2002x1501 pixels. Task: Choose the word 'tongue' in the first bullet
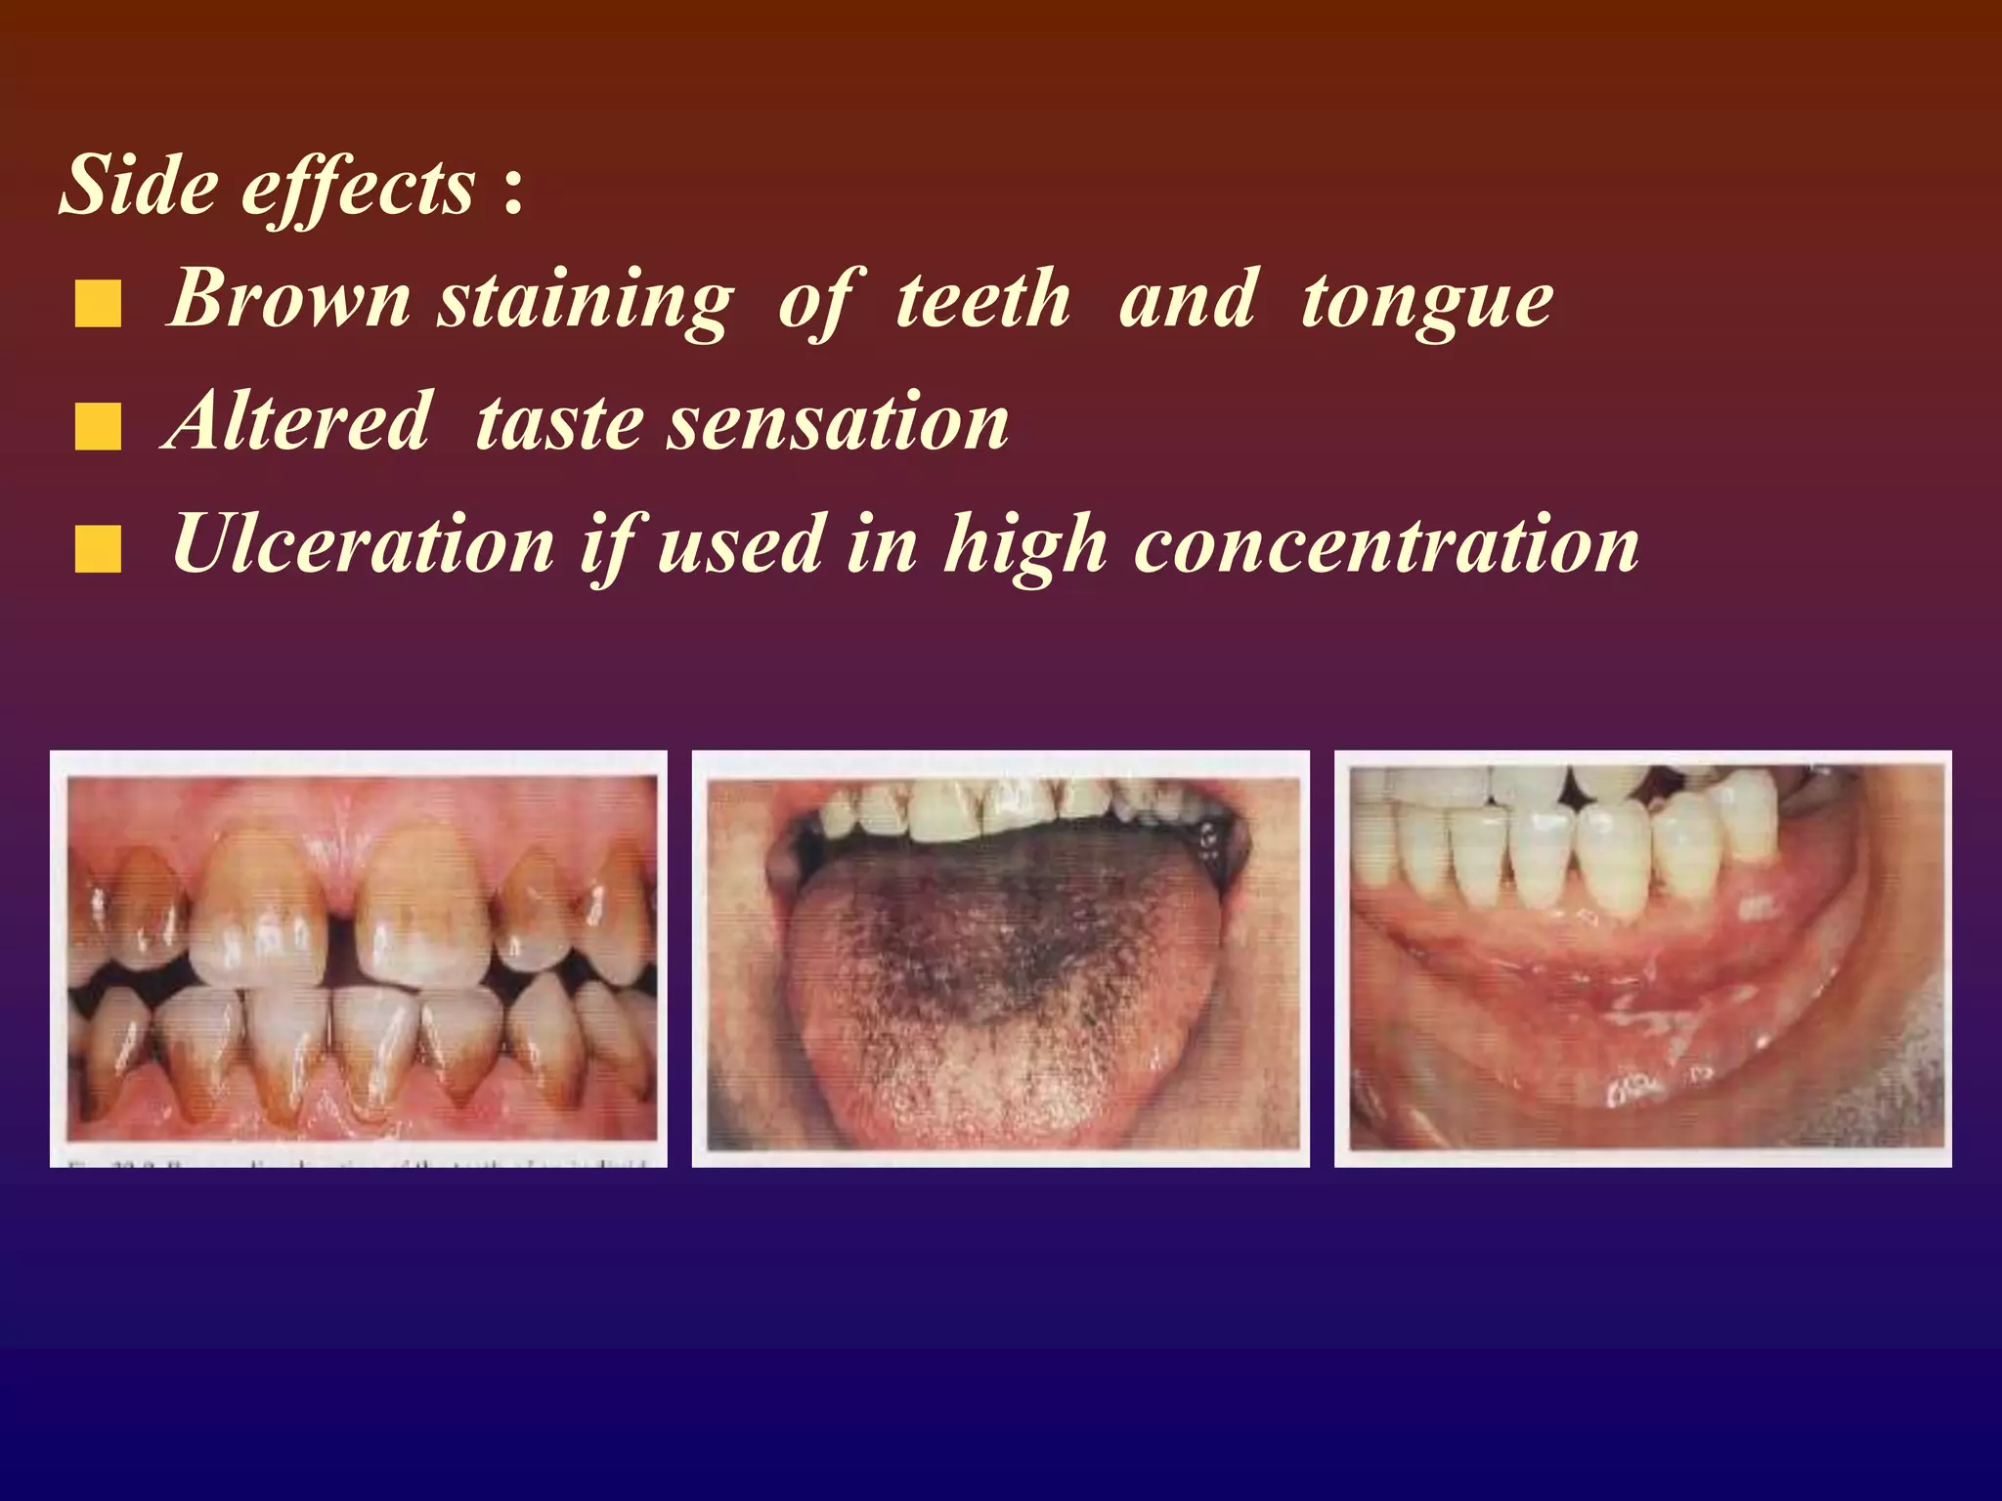coord(1426,302)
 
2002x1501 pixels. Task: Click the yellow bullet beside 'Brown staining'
coord(98,303)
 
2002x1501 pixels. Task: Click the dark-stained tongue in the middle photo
coord(987,938)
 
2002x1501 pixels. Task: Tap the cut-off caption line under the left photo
coord(358,1162)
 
